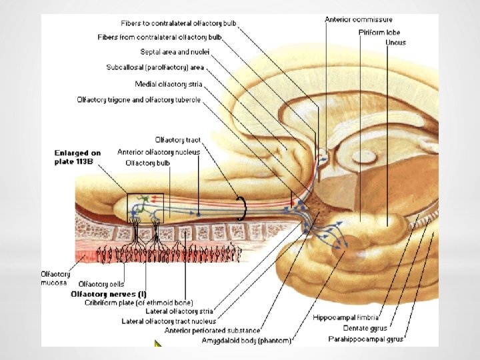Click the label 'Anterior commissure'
[359, 20]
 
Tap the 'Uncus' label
[395, 43]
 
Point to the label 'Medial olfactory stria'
[168, 84]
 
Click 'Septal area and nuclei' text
[175, 51]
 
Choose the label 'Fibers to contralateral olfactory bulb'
[179, 24]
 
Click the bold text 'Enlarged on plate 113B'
[77, 157]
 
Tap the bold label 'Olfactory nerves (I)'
[109, 293]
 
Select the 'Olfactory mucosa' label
[53, 278]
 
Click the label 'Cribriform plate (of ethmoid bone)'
[139, 303]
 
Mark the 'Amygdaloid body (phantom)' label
[247, 341]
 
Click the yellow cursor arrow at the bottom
[158, 345]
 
